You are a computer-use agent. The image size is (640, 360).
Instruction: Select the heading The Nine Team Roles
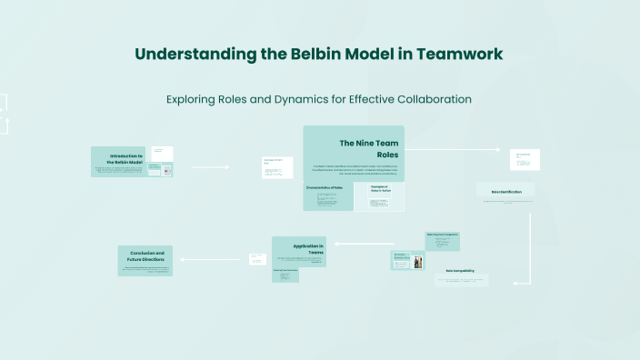[368, 148]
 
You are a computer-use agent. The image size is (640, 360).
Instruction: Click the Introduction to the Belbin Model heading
[125, 159]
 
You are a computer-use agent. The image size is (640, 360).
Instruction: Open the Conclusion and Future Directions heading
[146, 256]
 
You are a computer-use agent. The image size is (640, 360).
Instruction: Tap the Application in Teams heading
[308, 250]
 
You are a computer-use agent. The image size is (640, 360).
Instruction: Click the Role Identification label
[505, 192]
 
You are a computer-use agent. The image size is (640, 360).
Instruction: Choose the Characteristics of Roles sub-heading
[325, 187]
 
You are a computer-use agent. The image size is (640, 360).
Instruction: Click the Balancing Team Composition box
[443, 235]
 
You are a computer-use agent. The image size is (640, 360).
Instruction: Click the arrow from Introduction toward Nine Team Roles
[211, 167]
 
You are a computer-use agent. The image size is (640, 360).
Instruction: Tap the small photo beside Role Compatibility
[418, 262]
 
